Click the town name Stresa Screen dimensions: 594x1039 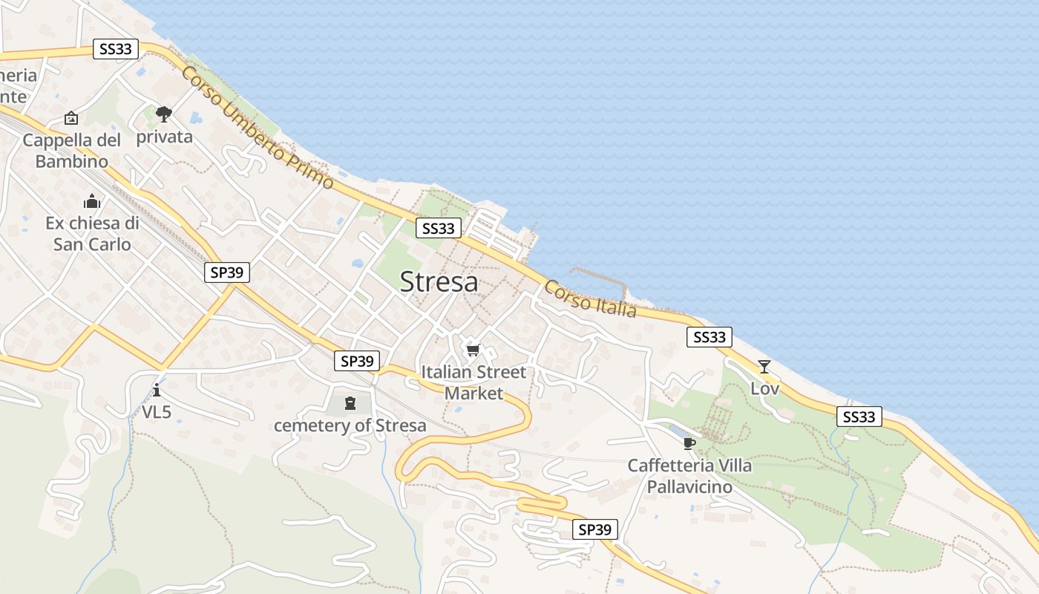pyautogui.click(x=439, y=282)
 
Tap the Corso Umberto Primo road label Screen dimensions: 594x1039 pyautogui.click(x=257, y=127)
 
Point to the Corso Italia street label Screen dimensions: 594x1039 pyautogui.click(x=590, y=298)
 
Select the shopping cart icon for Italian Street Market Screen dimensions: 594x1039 pyautogui.click(x=473, y=350)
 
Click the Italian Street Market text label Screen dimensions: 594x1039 pyautogui.click(x=473, y=382)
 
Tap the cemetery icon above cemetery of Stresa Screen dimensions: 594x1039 pyautogui.click(x=350, y=403)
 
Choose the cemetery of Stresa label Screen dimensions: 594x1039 pyautogui.click(x=350, y=425)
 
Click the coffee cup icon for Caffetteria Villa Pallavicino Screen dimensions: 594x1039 pyautogui.click(x=689, y=444)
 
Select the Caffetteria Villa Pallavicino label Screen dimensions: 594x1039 pyautogui.click(x=689, y=476)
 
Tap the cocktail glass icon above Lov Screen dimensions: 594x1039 pyautogui.click(x=764, y=366)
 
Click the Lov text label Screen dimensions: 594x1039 pyautogui.click(x=764, y=388)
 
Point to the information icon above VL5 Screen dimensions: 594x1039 pyautogui.click(x=157, y=390)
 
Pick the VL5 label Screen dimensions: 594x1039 pyautogui.click(x=157, y=411)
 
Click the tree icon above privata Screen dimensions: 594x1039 pyautogui.click(x=164, y=114)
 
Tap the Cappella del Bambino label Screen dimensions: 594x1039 pyautogui.click(x=71, y=151)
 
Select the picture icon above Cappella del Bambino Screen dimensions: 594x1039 pyautogui.click(x=71, y=118)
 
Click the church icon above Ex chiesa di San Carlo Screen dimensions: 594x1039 pyautogui.click(x=92, y=201)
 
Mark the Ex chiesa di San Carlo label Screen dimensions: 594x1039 pyautogui.click(x=92, y=234)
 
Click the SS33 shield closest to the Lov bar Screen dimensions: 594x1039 pyautogui.click(x=709, y=337)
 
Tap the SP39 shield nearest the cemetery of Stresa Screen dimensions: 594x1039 pyautogui.click(x=356, y=361)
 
